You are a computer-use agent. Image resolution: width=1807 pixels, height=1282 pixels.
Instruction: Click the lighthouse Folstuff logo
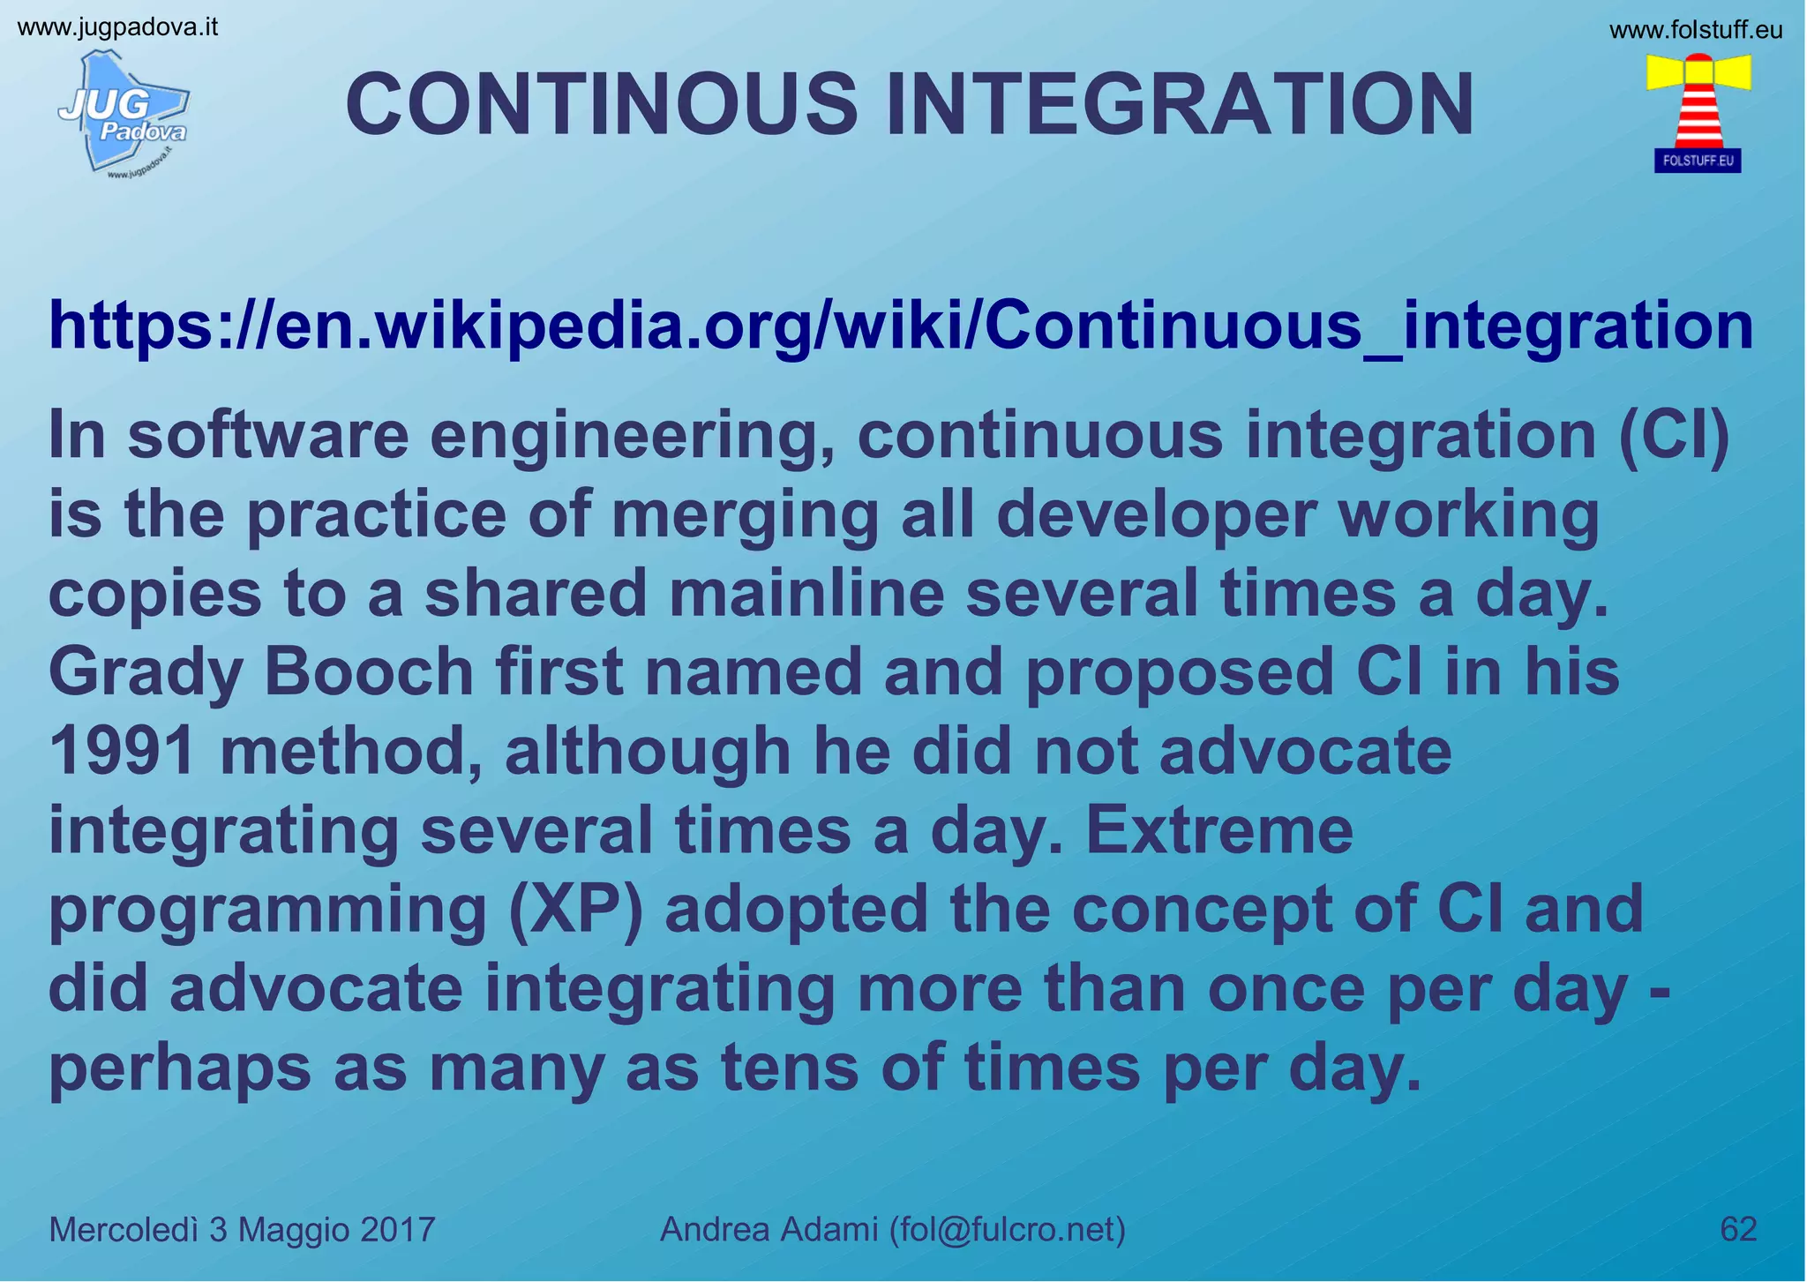(1698, 111)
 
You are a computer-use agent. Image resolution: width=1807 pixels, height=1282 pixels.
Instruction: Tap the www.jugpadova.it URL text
(117, 27)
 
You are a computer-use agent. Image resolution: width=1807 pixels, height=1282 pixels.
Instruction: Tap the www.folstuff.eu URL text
(1696, 31)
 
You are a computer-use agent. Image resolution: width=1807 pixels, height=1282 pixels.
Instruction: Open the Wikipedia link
(900, 326)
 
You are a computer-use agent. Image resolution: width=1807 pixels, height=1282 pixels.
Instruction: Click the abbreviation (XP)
(576, 909)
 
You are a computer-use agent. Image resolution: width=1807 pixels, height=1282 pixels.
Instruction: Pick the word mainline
(806, 594)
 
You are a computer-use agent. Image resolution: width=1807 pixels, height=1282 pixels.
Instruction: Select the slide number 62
(1738, 1229)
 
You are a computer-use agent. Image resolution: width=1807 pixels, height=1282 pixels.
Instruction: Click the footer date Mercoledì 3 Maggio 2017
(242, 1229)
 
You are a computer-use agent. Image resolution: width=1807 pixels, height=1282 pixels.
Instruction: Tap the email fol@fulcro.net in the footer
(1006, 1229)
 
